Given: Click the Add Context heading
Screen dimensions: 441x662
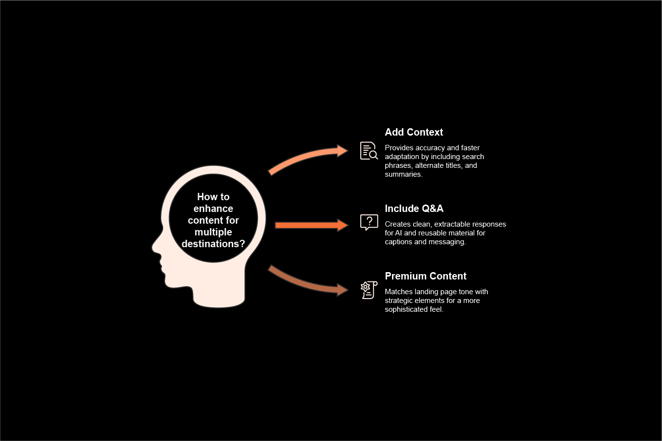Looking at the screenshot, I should [414, 132].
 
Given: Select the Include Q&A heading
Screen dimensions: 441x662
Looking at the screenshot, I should [414, 209].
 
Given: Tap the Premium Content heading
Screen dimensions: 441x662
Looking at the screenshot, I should [425, 276].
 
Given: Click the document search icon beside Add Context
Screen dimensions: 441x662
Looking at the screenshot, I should [368, 151].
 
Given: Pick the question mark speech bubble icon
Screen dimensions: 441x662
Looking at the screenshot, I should [368, 222].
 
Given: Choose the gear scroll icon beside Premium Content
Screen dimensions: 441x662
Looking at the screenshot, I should [368, 290].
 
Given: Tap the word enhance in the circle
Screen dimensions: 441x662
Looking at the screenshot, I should [213, 209].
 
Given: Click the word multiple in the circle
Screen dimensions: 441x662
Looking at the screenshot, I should [213, 232].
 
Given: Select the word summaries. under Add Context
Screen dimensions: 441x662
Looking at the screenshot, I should [403, 174].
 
